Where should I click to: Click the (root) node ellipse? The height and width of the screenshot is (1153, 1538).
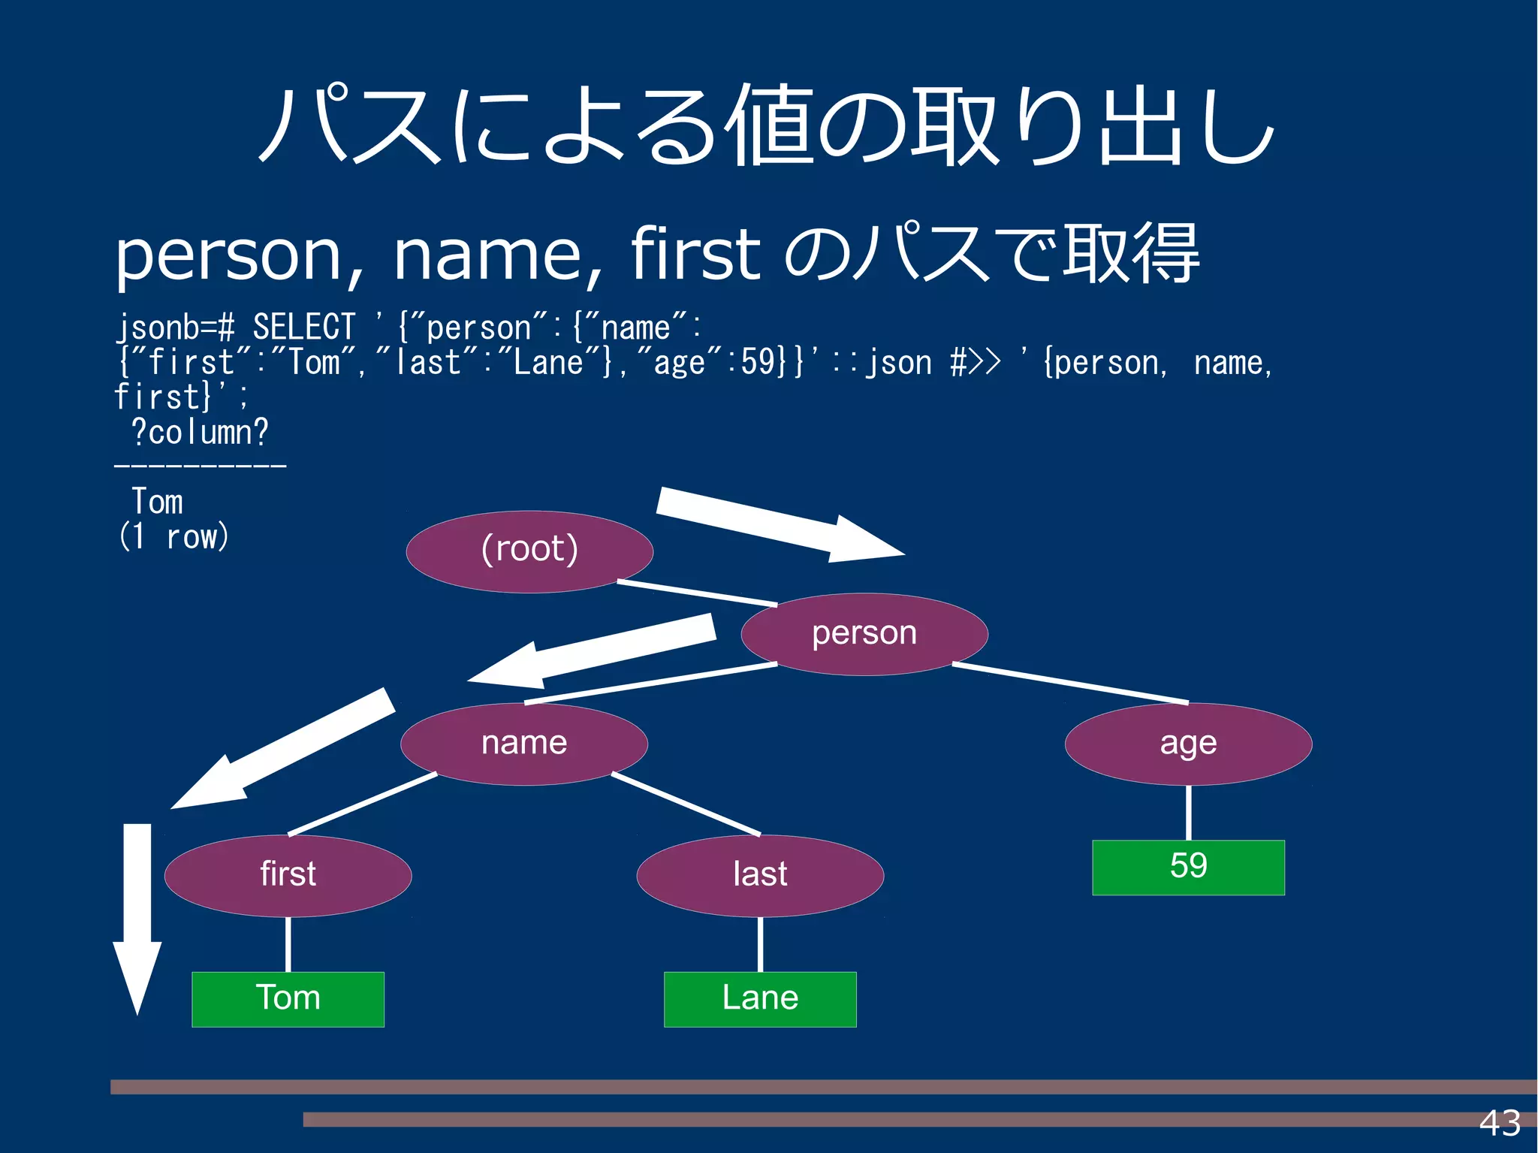coord(529,551)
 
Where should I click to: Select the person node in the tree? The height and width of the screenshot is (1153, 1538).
coord(864,634)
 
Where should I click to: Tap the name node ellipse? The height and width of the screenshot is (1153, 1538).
coord(524,744)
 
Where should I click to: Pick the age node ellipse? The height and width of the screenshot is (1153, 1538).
coord(1188,744)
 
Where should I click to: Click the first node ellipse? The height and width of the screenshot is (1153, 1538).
coord(288,875)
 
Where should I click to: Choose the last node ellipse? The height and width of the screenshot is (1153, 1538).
coord(760,875)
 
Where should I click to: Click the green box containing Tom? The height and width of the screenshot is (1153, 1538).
coord(288,999)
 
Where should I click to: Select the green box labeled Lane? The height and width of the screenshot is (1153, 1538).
coord(760,999)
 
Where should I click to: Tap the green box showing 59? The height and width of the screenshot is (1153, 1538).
coord(1188,867)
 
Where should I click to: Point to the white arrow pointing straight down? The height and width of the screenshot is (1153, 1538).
coord(137,916)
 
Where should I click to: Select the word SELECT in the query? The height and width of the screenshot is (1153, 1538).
coord(303,327)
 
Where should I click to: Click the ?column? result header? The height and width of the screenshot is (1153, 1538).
coord(199,432)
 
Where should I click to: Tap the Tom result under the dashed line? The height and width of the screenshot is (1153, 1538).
coord(157,502)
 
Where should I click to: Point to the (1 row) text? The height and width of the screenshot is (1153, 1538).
coord(173,536)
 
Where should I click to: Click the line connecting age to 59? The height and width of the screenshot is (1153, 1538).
coord(1188,813)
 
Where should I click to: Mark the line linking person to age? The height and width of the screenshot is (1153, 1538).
coord(1070,684)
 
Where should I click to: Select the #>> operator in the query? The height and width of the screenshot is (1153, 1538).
coord(975,363)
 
